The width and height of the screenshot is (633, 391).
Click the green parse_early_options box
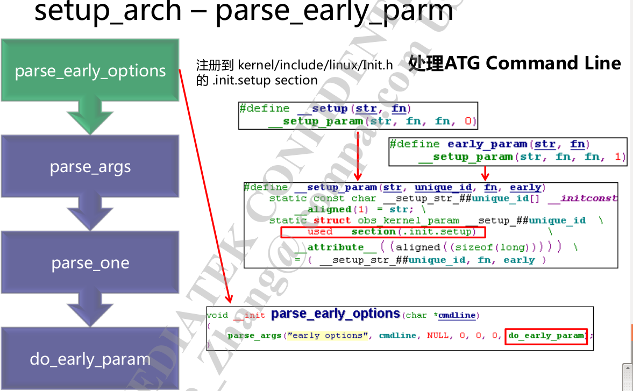pyautogui.click(x=90, y=71)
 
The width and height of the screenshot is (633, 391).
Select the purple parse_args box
pyautogui.click(x=90, y=167)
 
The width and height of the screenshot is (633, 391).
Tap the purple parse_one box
pyautogui.click(x=90, y=263)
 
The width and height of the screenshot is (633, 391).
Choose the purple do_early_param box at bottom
pyautogui.click(x=90, y=359)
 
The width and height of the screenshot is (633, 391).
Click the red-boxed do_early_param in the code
pyautogui.click(x=546, y=336)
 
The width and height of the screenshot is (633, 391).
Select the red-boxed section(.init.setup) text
pyautogui.click(x=383, y=232)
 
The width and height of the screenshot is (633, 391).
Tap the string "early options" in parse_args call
pyautogui.click(x=328, y=336)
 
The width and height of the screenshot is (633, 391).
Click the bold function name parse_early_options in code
pyautogui.click(x=336, y=314)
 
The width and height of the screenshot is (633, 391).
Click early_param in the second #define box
pyautogui.click(x=487, y=144)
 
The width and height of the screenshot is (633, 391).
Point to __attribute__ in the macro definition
pyautogui.click(x=335, y=247)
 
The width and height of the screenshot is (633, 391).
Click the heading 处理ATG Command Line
pyautogui.click(x=514, y=63)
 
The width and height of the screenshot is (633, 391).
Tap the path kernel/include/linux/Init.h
pyautogui.click(x=316, y=66)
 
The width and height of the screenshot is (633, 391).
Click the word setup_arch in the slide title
pyautogui.click(x=108, y=12)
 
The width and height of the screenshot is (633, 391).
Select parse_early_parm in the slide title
pyautogui.click(x=333, y=12)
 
